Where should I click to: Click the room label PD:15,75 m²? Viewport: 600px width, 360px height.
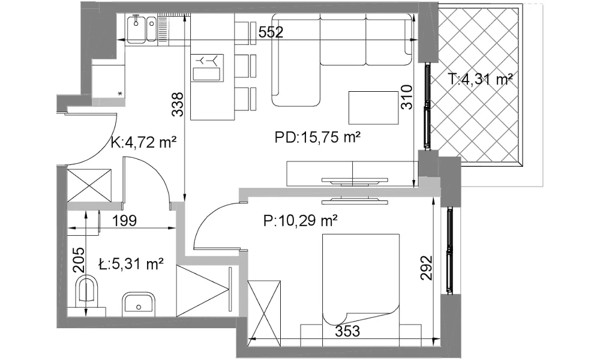(318, 137)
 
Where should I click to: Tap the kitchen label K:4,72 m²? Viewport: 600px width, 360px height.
(143, 142)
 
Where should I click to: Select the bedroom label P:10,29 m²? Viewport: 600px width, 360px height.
(301, 221)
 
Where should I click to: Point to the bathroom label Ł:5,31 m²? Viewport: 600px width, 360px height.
(131, 264)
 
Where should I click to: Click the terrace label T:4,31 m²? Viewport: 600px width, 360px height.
(480, 79)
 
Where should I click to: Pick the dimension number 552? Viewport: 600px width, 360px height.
(271, 32)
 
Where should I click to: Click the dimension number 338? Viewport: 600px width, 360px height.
(178, 104)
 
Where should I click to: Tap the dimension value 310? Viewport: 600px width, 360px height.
(407, 97)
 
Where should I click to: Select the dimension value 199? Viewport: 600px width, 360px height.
(125, 221)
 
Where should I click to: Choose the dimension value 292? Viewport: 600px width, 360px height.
(426, 268)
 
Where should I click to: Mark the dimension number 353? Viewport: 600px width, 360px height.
(347, 331)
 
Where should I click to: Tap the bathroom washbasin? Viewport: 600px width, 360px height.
(139, 305)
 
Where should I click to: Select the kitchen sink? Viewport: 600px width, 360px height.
(141, 29)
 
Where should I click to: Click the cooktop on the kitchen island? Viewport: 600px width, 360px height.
(207, 67)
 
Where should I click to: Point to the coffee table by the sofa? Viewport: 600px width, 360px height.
(374, 107)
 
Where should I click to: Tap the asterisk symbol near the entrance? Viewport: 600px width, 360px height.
(121, 94)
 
